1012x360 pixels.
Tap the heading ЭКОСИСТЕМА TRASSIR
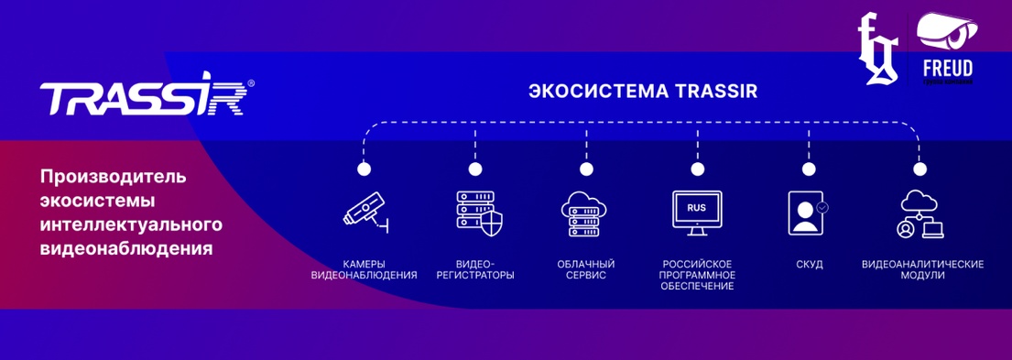click(x=643, y=93)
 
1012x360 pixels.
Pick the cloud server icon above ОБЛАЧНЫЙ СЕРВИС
click(x=586, y=213)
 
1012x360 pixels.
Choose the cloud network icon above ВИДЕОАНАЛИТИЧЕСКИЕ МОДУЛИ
click(x=920, y=213)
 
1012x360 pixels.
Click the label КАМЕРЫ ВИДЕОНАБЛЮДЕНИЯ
click(x=365, y=269)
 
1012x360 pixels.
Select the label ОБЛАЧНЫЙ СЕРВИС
click(x=586, y=269)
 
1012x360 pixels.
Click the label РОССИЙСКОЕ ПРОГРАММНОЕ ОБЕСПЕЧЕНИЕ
click(x=697, y=275)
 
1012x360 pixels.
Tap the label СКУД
click(x=809, y=265)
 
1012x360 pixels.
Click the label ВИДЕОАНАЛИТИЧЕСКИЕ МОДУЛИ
click(x=922, y=269)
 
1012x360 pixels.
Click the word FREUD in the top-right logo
click(x=947, y=70)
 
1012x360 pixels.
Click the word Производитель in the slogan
click(x=114, y=175)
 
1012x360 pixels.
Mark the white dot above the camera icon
click(x=365, y=169)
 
